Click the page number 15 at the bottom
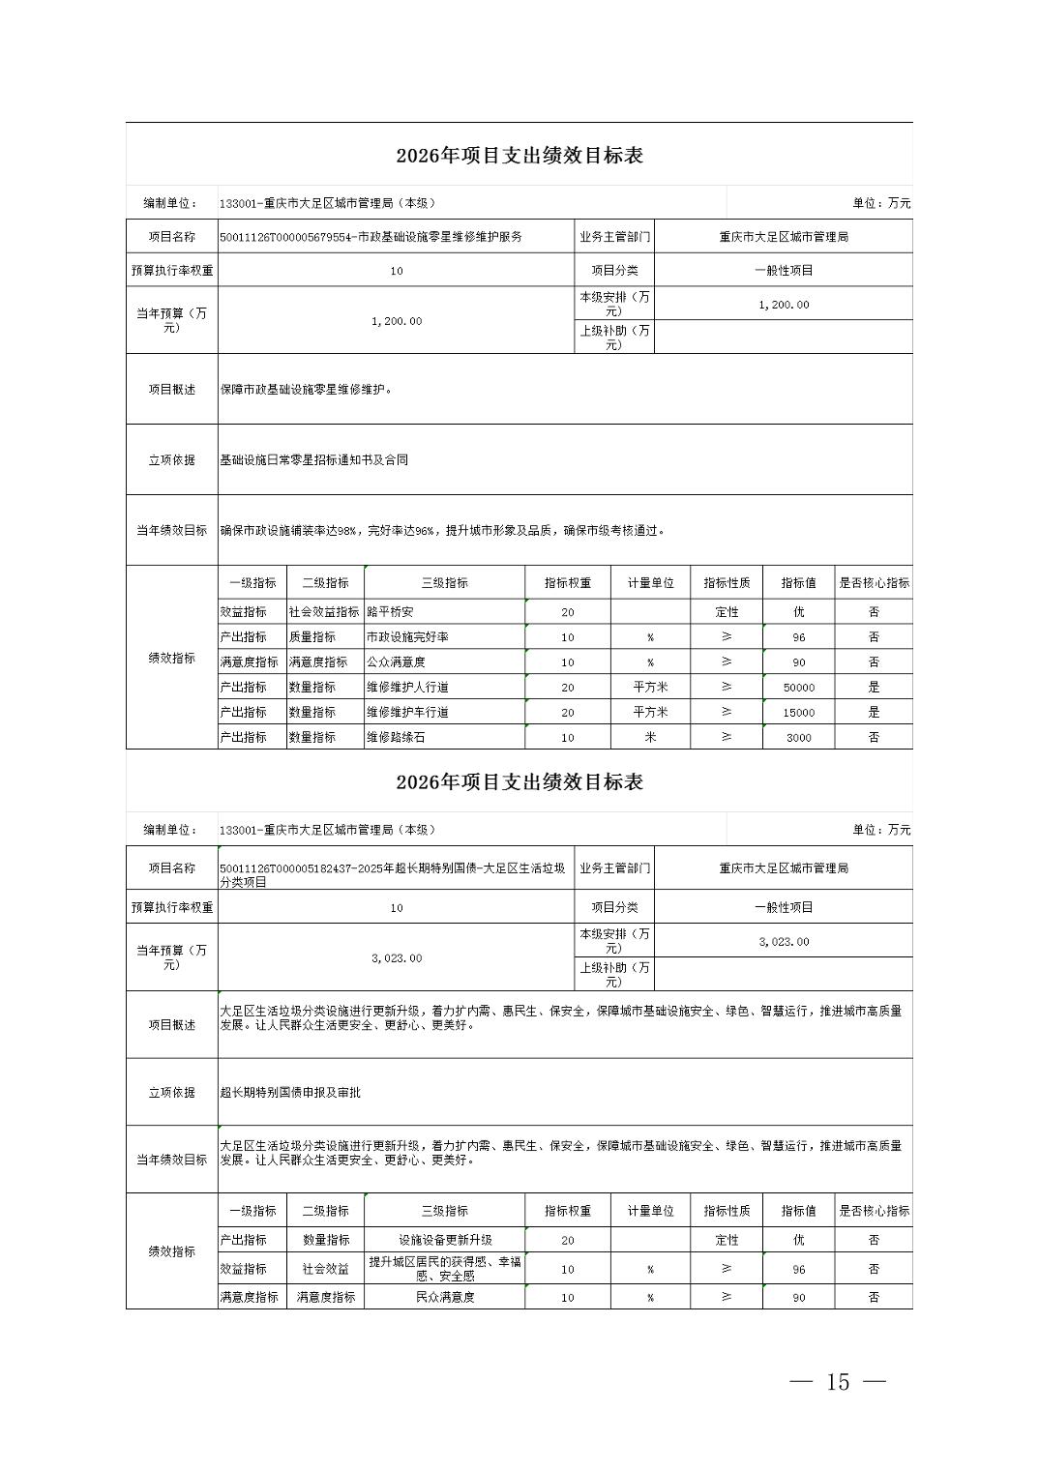[838, 1382]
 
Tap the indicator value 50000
[798, 688]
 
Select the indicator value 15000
[798, 713]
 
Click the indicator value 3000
[798, 738]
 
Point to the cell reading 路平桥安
[390, 612]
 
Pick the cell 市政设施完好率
[407, 637]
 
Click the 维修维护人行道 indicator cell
[407, 688]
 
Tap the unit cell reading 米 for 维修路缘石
[650, 738]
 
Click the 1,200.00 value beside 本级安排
[784, 305]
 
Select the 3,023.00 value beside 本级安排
[784, 942]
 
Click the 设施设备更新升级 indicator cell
[445, 1240]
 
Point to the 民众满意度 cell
[445, 1298]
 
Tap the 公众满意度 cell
[396, 662]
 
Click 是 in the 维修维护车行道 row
[874, 713]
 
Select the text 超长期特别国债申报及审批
[290, 1093]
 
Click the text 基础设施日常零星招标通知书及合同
[314, 460]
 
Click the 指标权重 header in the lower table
[568, 1211]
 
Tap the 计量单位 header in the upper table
[650, 584]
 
